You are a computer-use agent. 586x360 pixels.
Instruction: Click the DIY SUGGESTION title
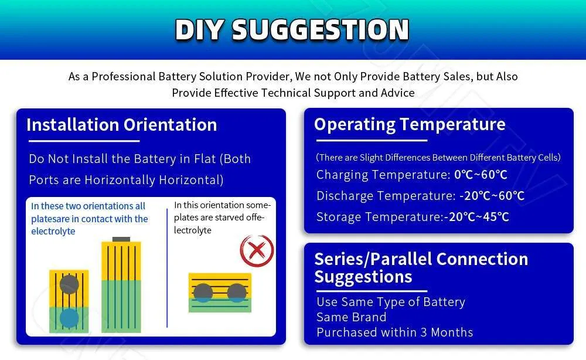click(x=292, y=29)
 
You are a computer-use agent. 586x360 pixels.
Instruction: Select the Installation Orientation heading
click(x=121, y=125)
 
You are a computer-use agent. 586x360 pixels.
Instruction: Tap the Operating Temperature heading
click(x=410, y=124)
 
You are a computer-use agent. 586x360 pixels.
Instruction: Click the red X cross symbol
click(x=257, y=250)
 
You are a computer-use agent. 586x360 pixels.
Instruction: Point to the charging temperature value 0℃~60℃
click(x=481, y=175)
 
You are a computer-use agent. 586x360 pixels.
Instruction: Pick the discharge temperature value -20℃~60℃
click(x=492, y=195)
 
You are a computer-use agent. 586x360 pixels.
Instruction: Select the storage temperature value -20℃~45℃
click(x=476, y=217)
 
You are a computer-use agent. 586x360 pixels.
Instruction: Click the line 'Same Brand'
click(x=351, y=317)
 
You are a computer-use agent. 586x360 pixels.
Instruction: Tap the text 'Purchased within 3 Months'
click(x=394, y=332)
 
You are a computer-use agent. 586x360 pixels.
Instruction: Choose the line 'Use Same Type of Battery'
click(x=391, y=302)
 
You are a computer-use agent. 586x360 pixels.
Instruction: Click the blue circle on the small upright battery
click(x=69, y=318)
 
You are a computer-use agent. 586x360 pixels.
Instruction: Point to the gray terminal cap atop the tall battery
click(x=121, y=239)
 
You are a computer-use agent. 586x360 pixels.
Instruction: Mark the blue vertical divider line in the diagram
click(x=167, y=268)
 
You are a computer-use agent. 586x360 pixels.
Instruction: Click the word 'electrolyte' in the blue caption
click(x=53, y=232)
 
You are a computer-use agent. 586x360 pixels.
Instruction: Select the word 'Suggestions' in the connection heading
click(x=363, y=277)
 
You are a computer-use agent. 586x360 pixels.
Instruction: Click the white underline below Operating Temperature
click(x=372, y=141)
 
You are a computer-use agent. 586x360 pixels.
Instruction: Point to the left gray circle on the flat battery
click(x=203, y=292)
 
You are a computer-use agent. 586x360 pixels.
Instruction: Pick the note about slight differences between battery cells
click(x=438, y=157)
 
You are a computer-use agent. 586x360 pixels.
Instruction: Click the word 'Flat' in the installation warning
click(x=205, y=159)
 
